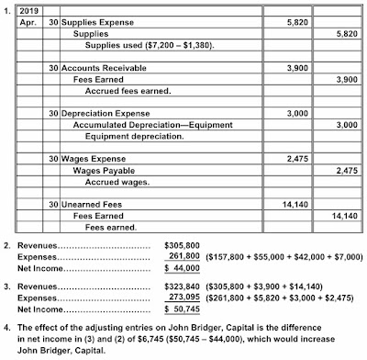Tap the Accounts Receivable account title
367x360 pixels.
coord(106,68)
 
